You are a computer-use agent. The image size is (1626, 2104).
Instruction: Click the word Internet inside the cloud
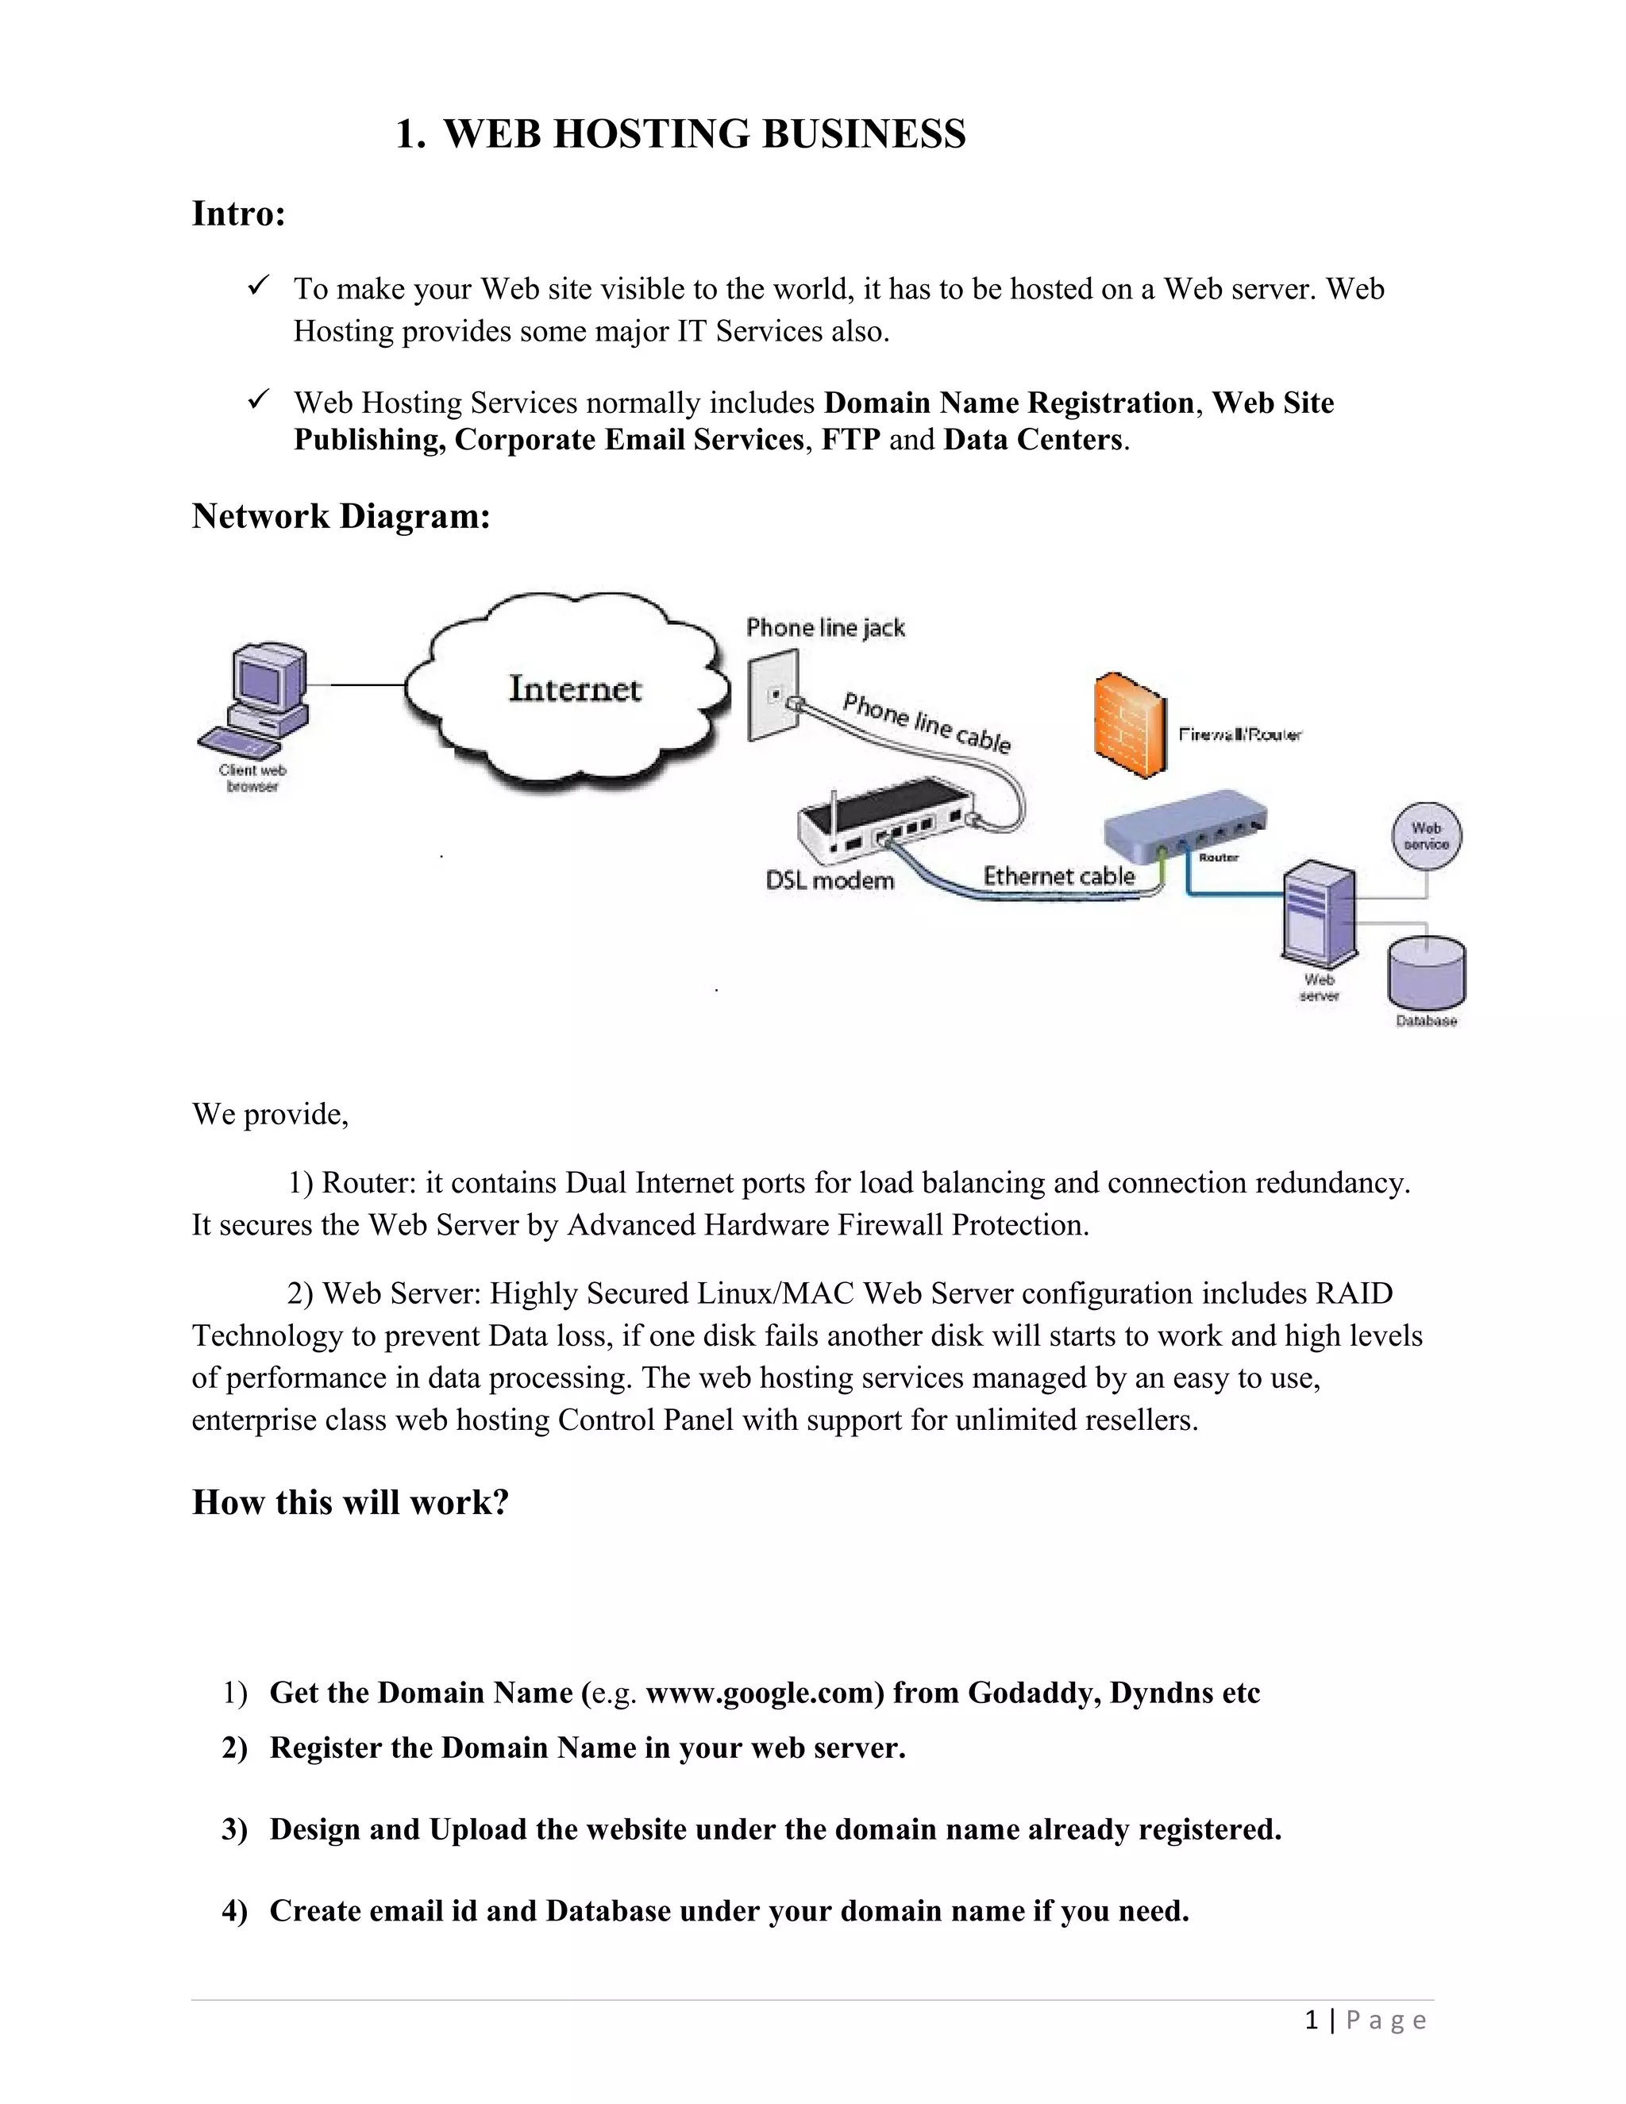point(575,689)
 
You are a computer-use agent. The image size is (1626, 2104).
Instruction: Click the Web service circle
point(1427,836)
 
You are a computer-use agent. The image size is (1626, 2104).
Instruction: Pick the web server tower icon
point(1319,916)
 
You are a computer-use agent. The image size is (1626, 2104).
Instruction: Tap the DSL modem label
point(830,881)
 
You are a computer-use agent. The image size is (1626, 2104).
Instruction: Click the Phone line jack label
point(826,628)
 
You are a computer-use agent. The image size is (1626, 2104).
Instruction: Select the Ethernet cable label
point(1058,876)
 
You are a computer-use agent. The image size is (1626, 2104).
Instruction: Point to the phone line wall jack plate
point(773,696)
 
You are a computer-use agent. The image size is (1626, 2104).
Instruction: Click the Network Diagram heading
point(341,516)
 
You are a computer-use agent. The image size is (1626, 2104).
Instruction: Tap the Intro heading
point(239,213)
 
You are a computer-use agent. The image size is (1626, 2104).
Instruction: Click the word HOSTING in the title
point(651,134)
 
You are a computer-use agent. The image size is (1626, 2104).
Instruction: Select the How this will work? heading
point(351,1502)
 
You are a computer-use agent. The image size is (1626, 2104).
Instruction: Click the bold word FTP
point(850,441)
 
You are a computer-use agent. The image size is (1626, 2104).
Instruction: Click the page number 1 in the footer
point(1311,2020)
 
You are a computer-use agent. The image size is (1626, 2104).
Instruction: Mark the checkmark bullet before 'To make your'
point(258,286)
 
